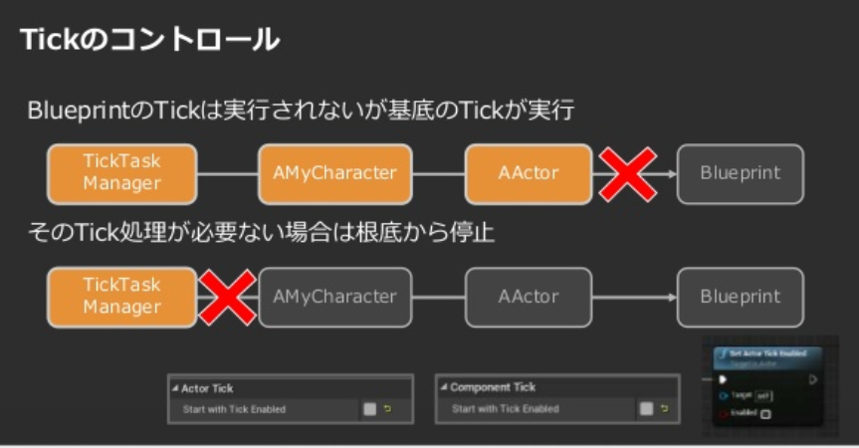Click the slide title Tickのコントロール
149,41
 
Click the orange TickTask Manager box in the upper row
121,173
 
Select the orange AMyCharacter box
334,173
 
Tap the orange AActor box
528,173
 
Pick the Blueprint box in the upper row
740,173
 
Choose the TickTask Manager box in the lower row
121,297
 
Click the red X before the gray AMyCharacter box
227,297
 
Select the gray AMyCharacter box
334,297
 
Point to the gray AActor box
528,297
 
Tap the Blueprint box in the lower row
740,297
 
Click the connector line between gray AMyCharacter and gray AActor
439,297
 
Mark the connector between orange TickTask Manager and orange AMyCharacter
228,173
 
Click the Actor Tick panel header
208,387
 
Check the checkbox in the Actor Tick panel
369,408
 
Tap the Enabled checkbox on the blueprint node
765,413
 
